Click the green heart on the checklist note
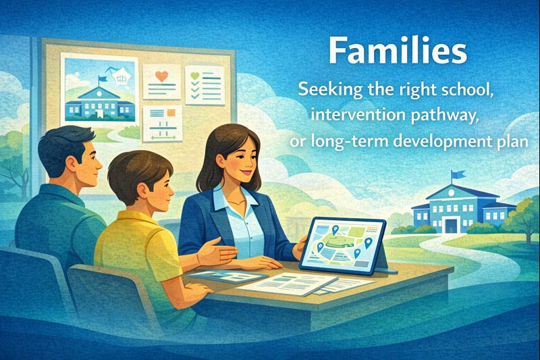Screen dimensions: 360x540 coord(194,75)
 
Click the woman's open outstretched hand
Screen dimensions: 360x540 coord(215,252)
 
